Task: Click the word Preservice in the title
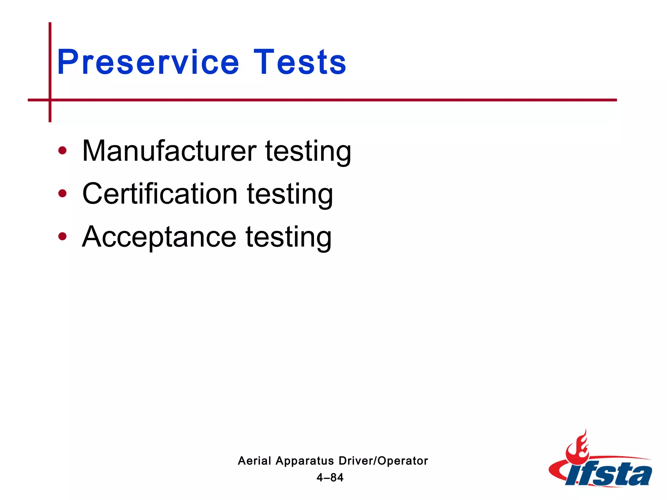point(148,62)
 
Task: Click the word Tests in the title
point(300,62)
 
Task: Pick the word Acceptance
point(159,237)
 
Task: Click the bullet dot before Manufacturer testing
point(62,151)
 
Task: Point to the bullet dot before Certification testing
point(62,194)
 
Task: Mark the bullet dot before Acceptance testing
point(62,237)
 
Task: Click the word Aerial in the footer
point(254,461)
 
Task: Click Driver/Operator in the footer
point(383,461)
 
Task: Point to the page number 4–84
point(330,478)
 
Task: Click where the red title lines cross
point(50,100)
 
